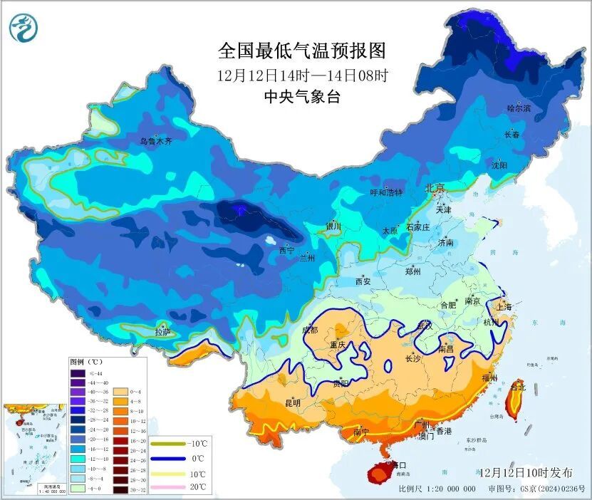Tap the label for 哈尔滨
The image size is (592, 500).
click(519, 108)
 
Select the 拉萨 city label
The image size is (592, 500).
click(162, 331)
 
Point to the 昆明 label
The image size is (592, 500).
click(293, 403)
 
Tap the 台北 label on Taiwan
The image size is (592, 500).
click(519, 387)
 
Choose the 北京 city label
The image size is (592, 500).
click(435, 188)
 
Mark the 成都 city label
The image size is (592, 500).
click(311, 330)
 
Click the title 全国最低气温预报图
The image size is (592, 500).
click(301, 51)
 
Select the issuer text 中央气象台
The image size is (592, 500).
click(301, 97)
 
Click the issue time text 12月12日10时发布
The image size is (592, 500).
click(525, 472)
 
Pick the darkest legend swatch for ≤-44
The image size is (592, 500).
click(78, 373)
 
